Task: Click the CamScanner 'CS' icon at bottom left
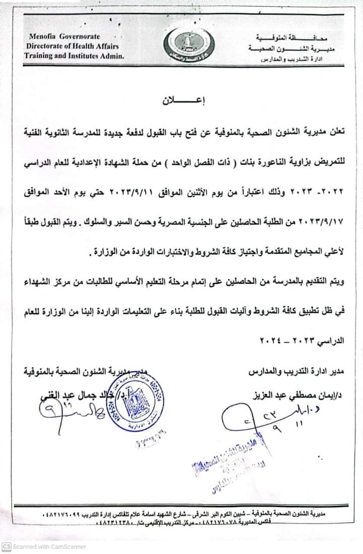pos(6,546)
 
